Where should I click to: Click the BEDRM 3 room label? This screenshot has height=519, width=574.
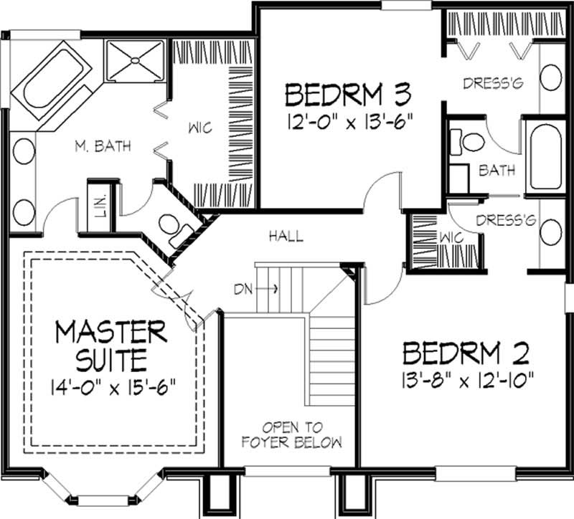348,95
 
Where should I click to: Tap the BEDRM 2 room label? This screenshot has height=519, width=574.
466,353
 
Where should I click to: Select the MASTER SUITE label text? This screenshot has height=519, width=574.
111,346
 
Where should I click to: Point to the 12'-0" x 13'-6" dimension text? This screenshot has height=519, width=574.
350,122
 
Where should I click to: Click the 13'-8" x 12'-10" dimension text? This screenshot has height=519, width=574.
468,381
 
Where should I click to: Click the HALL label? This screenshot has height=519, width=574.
286,237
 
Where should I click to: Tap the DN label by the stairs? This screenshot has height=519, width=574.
243,290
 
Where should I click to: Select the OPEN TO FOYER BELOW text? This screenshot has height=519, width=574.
292,435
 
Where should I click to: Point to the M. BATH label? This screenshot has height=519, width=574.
103,146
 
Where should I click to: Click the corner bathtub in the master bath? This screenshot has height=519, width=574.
51,80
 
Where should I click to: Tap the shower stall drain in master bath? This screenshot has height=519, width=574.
136,60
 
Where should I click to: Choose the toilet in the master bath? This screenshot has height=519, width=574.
175,230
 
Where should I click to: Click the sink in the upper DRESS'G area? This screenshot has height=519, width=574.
550,77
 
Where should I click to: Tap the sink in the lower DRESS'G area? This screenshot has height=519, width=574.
550,232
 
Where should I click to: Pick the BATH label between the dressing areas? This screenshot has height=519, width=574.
497,171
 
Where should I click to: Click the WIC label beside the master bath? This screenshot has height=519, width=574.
200,128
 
